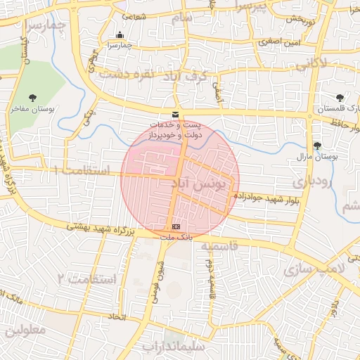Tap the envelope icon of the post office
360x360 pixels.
175,115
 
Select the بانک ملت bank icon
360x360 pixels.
175,226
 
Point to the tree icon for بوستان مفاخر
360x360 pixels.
32,98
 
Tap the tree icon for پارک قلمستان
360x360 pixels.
340,98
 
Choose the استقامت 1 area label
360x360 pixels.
82,171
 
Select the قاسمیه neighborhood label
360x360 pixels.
222,247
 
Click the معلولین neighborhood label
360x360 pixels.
25,330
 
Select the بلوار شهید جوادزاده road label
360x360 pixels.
278,200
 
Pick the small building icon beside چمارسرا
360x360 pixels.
120,35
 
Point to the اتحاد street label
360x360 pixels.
116,319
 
